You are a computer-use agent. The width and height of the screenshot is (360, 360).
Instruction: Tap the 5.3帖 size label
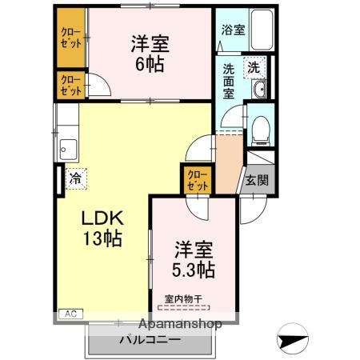(192, 270)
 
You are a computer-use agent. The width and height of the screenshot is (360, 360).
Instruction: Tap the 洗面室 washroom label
(231, 80)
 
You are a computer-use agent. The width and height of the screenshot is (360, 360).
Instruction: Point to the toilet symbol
(259, 130)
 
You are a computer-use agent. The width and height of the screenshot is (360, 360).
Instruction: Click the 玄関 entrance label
(258, 181)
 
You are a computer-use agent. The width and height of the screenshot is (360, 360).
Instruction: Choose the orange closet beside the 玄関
(196, 180)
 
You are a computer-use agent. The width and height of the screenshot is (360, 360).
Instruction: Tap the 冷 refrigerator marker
(74, 178)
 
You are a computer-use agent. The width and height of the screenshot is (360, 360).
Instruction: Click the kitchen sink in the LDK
(66, 148)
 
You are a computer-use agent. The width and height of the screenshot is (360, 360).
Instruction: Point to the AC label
(70, 313)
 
